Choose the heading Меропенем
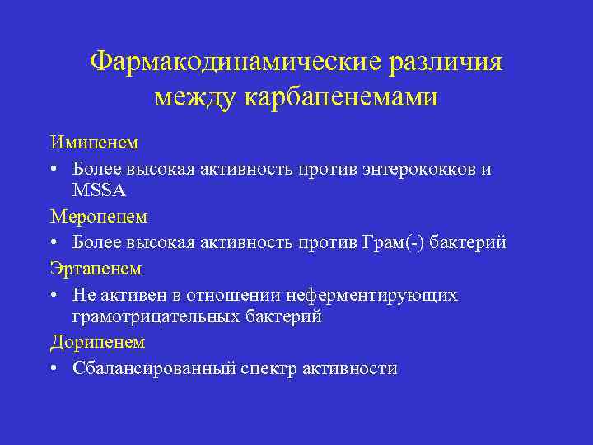pos(99,218)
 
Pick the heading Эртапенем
pos(96,268)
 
